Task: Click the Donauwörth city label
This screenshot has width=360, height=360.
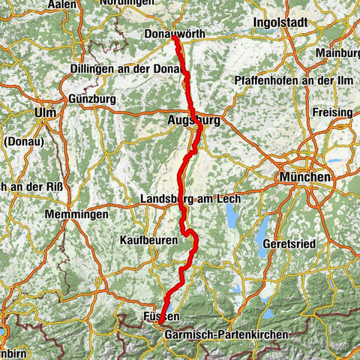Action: pos(175,34)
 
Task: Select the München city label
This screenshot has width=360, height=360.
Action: pos(304,177)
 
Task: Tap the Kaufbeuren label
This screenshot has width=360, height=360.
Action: pos(148,240)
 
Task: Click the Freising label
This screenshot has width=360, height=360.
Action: pos(333,112)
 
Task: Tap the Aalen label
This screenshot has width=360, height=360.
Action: pos(64,4)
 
